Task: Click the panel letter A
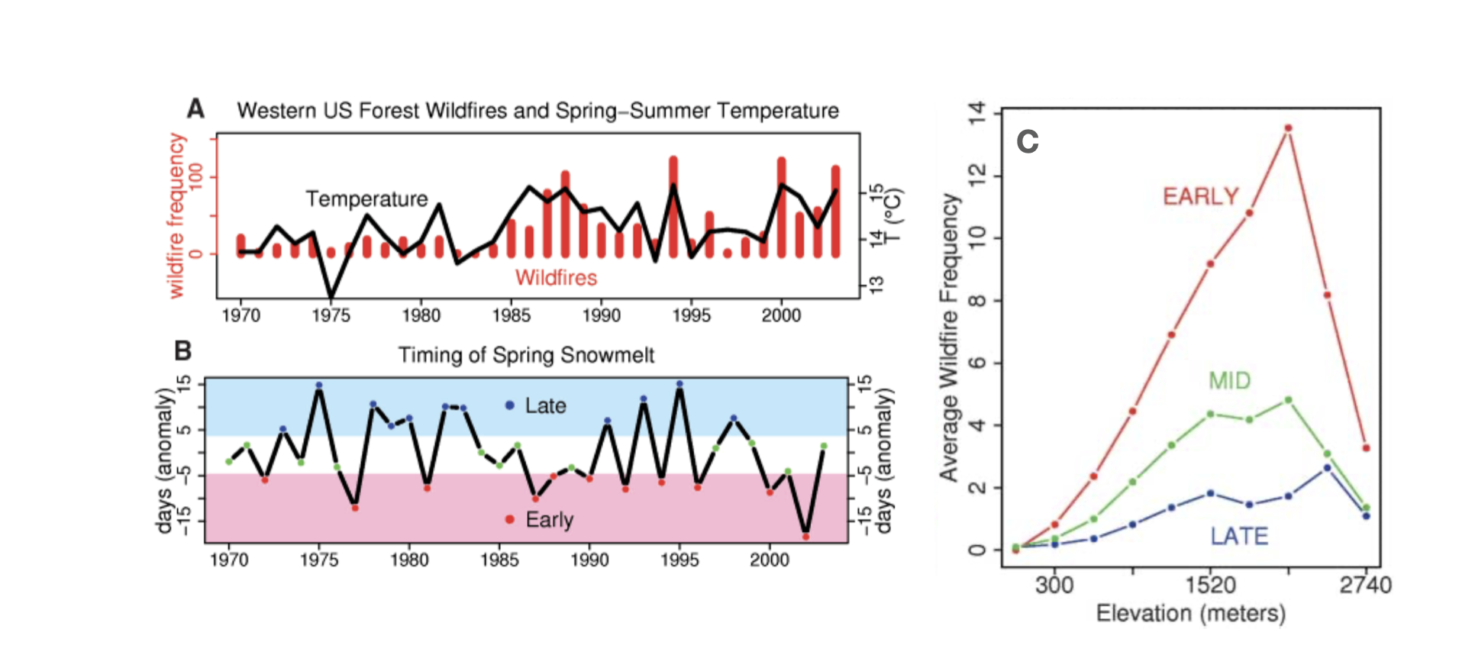pos(196,109)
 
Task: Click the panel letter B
pos(182,351)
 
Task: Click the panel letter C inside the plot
pos(1028,142)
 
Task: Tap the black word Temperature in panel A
pos(366,199)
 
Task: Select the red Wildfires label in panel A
pos(556,278)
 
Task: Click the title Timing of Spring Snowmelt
pos(526,355)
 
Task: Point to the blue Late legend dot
pos(510,405)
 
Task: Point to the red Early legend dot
pos(510,519)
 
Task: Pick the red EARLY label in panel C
pos(1200,197)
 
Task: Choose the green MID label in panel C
pos(1229,380)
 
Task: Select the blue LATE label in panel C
pos(1238,537)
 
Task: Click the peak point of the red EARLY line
pos(1288,128)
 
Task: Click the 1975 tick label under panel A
pos(331,315)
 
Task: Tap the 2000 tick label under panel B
pos(769,560)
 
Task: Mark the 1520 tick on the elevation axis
pos(1210,586)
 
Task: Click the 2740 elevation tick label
pos(1365,586)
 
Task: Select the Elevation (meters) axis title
pos(1190,613)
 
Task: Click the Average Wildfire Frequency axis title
pos(949,337)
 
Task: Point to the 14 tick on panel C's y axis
pos(977,114)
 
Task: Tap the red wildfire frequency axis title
pos(176,215)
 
